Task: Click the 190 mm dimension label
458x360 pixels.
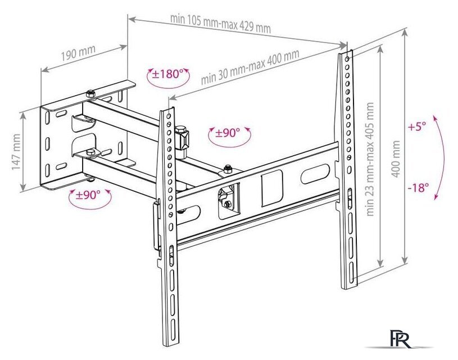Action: point(78,54)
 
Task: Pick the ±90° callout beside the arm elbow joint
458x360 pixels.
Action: point(228,133)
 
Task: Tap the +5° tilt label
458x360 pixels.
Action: point(418,127)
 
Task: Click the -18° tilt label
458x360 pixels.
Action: point(418,188)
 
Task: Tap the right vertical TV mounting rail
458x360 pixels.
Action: point(347,169)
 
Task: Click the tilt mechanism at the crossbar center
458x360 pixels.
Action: point(226,198)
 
